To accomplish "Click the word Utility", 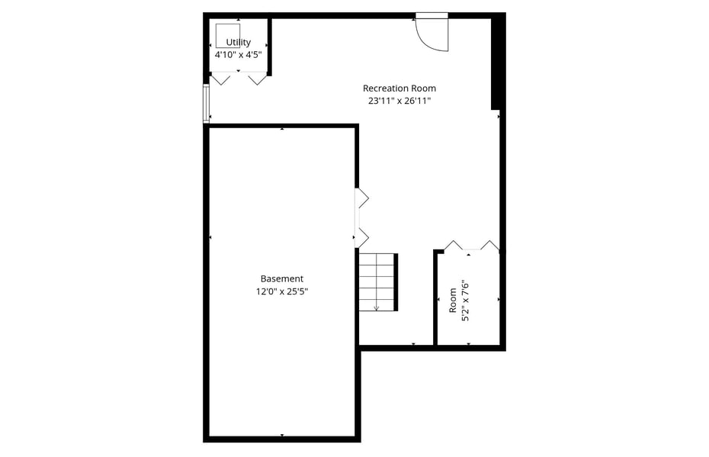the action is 239,43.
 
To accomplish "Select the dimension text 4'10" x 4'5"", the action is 239,55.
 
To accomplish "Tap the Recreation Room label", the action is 399,89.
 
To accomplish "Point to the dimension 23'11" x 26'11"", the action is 399,101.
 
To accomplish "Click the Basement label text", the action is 282,278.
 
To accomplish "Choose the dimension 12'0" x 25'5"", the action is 282,291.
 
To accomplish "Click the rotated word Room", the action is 453,301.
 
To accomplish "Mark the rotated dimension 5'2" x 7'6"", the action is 465,301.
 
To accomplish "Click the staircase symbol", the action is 378,282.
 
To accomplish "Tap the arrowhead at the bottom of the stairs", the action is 376,308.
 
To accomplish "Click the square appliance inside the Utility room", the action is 228,36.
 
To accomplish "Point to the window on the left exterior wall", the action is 206,104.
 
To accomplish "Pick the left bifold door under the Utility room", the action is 221,79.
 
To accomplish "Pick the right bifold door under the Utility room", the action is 257,79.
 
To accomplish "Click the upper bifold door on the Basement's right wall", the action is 362,198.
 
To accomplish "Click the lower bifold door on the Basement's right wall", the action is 362,237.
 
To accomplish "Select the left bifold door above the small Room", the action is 454,245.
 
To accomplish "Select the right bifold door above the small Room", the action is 489,245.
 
